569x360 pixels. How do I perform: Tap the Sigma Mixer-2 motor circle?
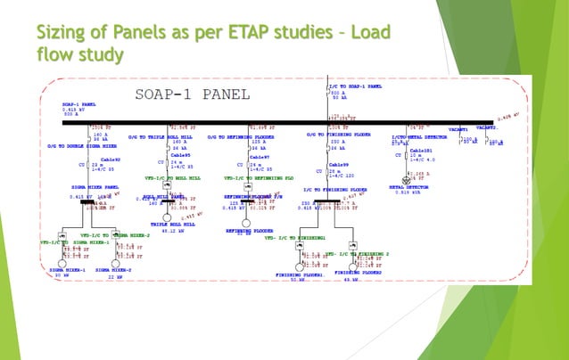(114, 260)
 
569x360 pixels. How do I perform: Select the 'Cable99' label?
(339, 165)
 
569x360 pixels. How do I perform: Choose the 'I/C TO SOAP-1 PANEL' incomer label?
(355, 87)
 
